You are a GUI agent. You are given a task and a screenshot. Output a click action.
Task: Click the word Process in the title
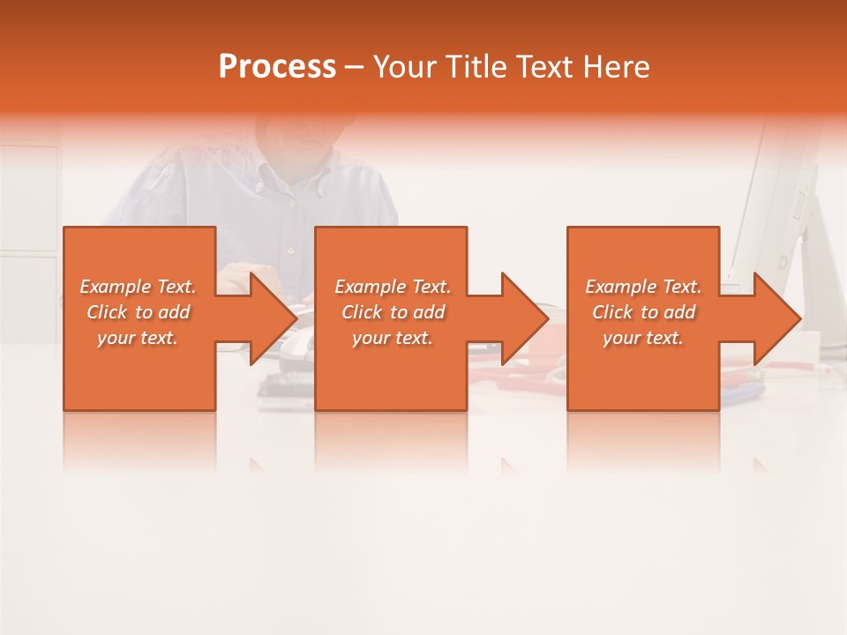[277, 67]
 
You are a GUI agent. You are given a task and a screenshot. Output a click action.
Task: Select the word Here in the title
[616, 67]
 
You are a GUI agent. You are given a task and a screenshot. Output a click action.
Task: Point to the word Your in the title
[406, 67]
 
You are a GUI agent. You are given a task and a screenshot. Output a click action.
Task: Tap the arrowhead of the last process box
[771, 318]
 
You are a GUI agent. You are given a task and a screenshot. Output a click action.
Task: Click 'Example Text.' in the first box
[138, 287]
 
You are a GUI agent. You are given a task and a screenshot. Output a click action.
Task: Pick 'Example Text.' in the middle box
[393, 287]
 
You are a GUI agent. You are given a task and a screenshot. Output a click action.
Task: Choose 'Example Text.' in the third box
[643, 287]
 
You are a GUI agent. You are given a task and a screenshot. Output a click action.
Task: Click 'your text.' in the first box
[138, 338]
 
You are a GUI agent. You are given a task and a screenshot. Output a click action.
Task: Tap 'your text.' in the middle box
[393, 338]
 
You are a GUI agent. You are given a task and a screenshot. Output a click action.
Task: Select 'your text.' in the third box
[643, 338]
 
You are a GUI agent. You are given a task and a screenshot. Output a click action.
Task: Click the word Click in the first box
[107, 312]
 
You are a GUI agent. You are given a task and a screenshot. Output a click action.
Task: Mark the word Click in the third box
[613, 312]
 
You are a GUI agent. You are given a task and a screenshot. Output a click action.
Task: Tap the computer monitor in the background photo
[776, 203]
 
